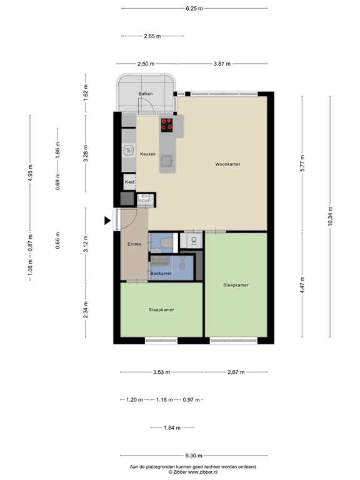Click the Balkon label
[145, 94]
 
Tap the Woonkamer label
[227, 164]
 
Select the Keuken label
[147, 154]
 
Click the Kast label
[129, 182]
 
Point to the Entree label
[134, 244]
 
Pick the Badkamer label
[161, 273]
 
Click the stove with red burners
[167, 124]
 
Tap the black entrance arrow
[107, 220]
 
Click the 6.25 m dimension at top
[194, 9]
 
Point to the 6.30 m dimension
[194, 457]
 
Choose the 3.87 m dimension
[221, 64]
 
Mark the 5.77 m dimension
[302, 164]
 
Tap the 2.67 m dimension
[236, 372]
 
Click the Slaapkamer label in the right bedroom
[236, 285]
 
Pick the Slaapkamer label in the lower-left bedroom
[161, 309]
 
